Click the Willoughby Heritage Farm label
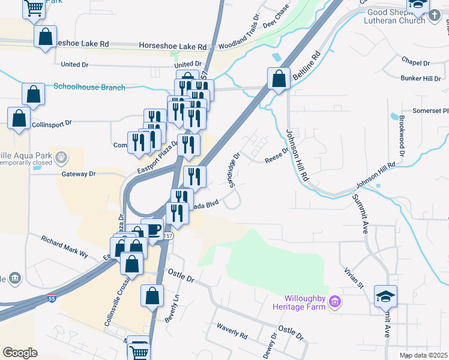[306, 302]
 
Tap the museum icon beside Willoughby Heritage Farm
[335, 302]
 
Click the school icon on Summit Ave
[385, 295]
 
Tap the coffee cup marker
[152, 230]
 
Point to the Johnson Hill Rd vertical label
[297, 156]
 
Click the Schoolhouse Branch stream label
[89, 87]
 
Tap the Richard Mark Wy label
[64, 247]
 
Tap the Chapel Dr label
[417, 62]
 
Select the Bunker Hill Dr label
[421, 79]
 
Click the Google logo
[20, 352]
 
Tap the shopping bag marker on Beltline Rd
[279, 79]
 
